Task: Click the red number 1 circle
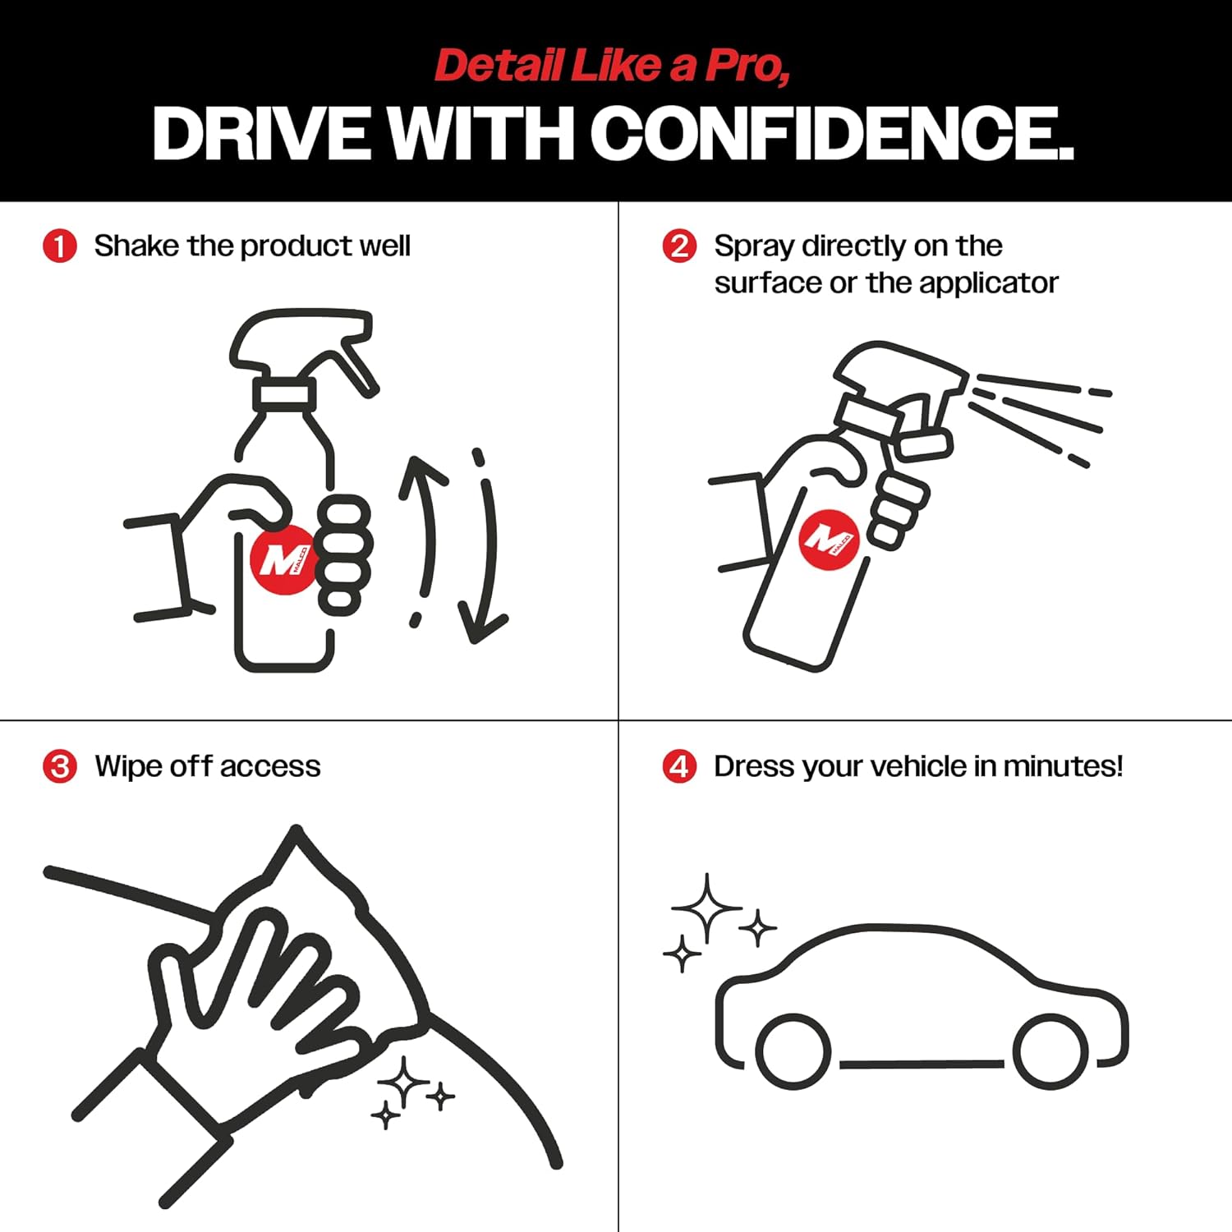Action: pos(59,246)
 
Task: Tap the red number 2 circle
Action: pos(679,246)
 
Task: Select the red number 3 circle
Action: pos(59,766)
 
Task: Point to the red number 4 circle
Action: pos(679,766)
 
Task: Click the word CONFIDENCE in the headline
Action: pos(831,133)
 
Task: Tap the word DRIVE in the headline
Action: pos(261,133)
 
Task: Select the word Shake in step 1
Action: pos(136,246)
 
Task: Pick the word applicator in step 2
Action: pos(989,283)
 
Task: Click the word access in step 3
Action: pos(270,767)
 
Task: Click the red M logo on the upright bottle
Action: pos(283,559)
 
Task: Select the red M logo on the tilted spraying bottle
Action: pos(830,539)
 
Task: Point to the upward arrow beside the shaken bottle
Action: pos(425,526)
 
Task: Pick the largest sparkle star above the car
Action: pos(706,908)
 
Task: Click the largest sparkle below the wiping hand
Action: pos(404,1085)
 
